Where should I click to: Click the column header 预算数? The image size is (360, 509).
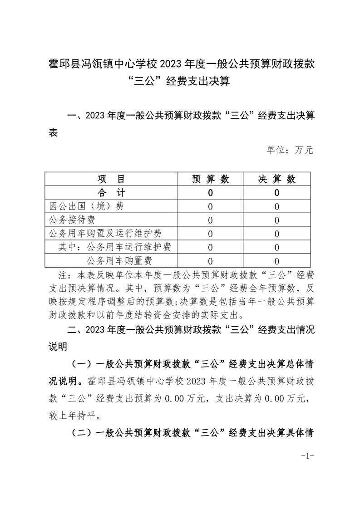[x=210, y=179]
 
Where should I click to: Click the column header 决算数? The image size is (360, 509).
[x=276, y=179]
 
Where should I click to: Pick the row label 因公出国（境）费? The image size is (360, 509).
[x=86, y=206]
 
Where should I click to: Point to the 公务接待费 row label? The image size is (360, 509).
[x=72, y=220]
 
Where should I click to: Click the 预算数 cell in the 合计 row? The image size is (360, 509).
[x=210, y=193]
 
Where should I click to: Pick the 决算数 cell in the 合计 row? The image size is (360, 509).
[x=276, y=193]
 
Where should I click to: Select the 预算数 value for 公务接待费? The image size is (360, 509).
[x=210, y=220]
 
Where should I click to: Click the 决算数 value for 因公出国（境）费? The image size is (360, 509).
[x=276, y=206]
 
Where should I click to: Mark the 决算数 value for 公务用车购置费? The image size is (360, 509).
[x=276, y=261]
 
